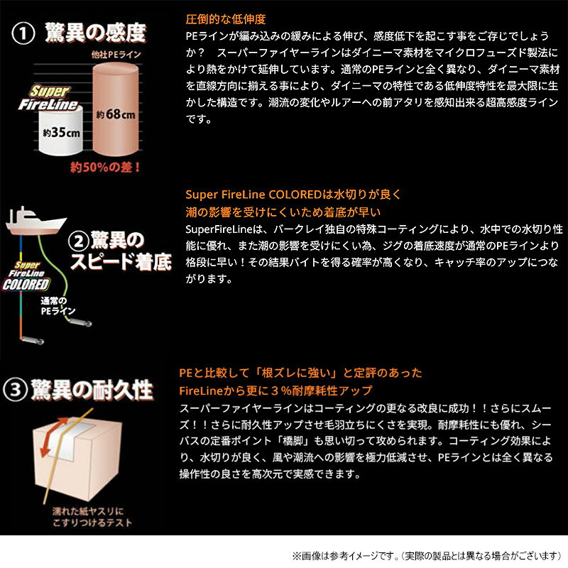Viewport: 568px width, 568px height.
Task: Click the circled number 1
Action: pos(23,33)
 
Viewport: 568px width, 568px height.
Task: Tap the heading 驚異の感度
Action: pos(96,33)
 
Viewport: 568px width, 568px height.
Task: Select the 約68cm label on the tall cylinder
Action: pos(116,114)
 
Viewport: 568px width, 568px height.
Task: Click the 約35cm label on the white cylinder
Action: pos(61,133)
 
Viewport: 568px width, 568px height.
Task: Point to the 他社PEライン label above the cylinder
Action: pos(116,55)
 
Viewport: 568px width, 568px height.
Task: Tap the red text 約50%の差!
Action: pos(105,167)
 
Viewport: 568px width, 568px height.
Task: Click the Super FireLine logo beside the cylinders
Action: pos(49,98)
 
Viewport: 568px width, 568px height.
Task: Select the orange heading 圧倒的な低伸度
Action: pos(226,19)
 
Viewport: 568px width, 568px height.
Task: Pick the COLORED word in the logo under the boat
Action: pos(26,285)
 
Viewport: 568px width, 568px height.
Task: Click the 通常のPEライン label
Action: pos(58,306)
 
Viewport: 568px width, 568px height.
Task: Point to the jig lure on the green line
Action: pos(80,322)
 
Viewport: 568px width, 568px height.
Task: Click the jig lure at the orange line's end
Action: pos(32,340)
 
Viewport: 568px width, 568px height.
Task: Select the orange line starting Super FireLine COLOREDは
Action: pos(293,195)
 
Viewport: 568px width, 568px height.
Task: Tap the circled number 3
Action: pos(15,390)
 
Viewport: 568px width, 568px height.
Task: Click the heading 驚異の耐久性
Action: pos(92,390)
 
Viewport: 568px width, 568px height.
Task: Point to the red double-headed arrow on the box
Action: pos(53,437)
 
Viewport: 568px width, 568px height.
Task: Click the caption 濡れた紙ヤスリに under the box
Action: pos(88,511)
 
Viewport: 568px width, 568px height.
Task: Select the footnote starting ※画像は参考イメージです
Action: pos(427,556)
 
